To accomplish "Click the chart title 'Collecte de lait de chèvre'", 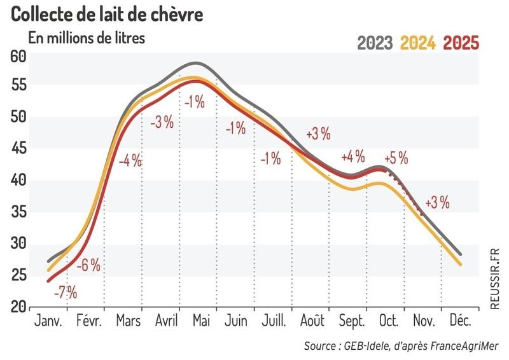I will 107,14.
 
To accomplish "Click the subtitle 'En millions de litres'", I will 87,38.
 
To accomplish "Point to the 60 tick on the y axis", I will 18,56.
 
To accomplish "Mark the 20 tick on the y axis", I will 18,307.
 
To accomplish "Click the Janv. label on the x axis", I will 47,322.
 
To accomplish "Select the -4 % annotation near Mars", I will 130,161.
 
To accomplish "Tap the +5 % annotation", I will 396,158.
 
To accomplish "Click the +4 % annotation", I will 353,156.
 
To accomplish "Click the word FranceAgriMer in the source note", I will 463,346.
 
